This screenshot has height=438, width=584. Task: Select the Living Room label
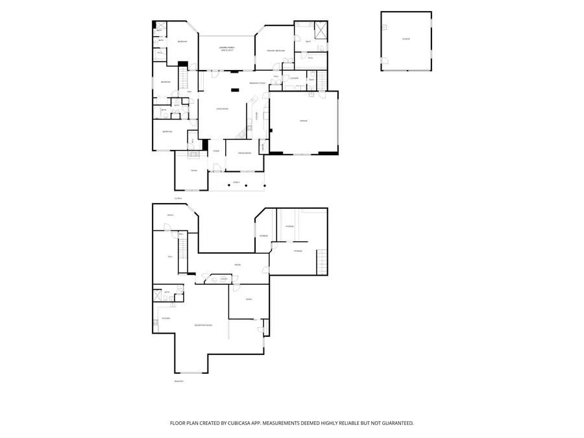tap(222, 108)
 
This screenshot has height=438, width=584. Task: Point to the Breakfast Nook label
tap(258, 83)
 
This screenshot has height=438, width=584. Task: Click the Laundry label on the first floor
tap(294, 78)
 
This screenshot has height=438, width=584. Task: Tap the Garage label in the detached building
tap(406, 39)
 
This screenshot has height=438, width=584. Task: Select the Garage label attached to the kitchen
tap(303, 121)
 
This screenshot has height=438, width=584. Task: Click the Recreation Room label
tap(203, 325)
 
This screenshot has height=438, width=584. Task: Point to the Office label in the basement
tap(170, 215)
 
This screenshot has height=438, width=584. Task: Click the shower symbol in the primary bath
tap(319, 29)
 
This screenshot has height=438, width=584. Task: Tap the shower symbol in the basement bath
tap(158, 296)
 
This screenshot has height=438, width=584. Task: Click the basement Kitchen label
tap(166, 319)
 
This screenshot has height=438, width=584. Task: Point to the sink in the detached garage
tap(384, 27)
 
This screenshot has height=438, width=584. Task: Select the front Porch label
tap(236, 182)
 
